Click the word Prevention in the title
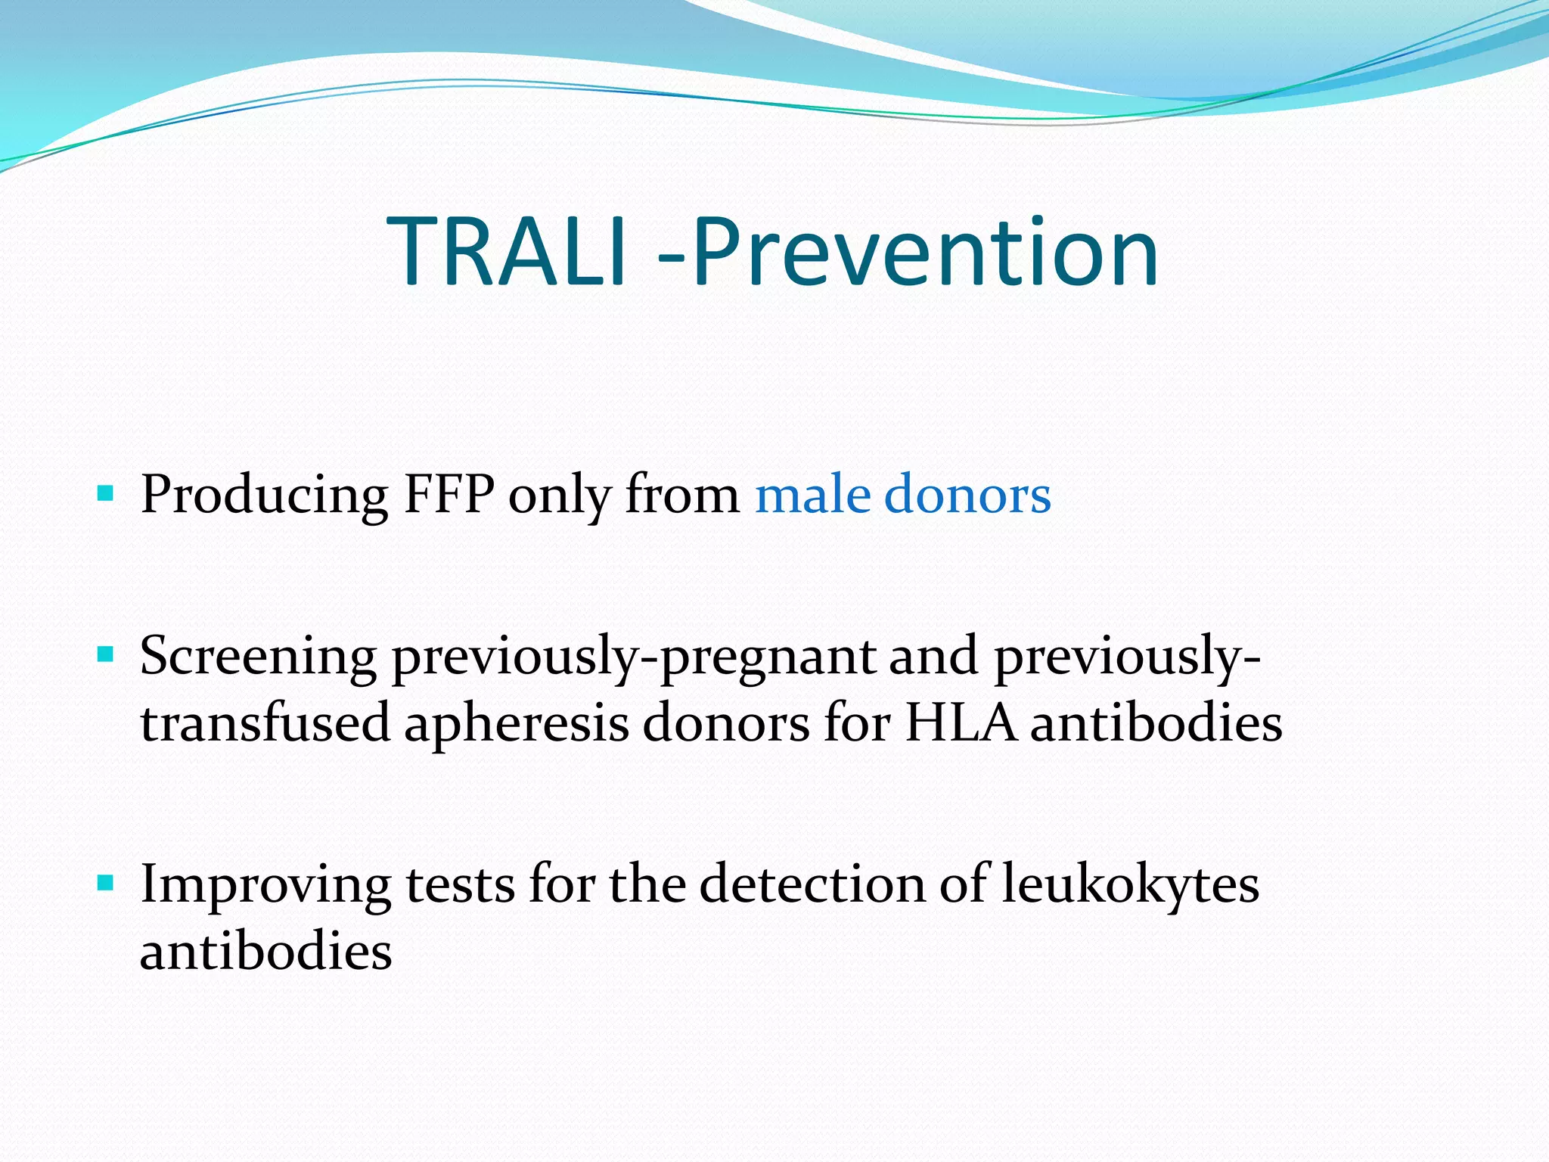point(924,252)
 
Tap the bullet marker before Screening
point(105,654)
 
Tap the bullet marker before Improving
point(105,882)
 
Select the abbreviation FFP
point(449,496)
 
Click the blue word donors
point(967,496)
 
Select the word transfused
point(265,723)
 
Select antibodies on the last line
point(265,952)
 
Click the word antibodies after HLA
point(1156,723)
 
